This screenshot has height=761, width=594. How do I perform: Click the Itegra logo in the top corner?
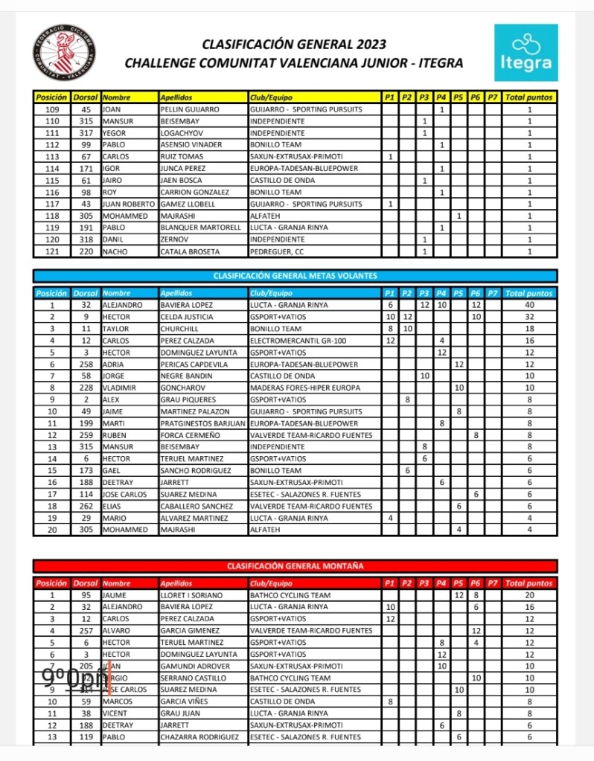[526, 53]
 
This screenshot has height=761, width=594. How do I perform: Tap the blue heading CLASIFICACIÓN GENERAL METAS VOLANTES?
[296, 276]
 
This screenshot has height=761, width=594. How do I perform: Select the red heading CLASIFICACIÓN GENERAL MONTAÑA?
[296, 566]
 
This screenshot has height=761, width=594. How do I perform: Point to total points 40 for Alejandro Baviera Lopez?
[529, 305]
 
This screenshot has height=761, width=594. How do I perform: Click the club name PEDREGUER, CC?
[275, 252]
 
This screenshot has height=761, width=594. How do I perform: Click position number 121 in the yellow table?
[52, 252]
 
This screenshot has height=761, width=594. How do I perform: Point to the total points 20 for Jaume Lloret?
[529, 595]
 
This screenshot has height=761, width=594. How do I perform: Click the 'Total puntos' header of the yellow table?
[529, 97]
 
